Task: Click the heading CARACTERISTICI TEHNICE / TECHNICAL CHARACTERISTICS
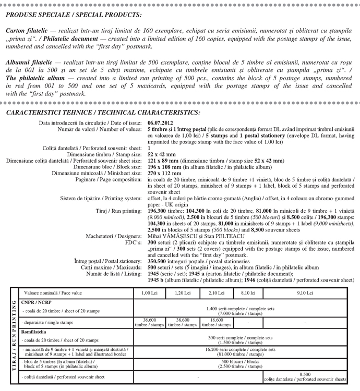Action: [x=102, y=112]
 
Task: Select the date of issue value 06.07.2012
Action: [x=162, y=123]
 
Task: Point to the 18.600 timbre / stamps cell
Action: [x=215, y=322]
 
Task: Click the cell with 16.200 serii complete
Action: [x=241, y=351]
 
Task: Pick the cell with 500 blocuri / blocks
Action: [x=241, y=364]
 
